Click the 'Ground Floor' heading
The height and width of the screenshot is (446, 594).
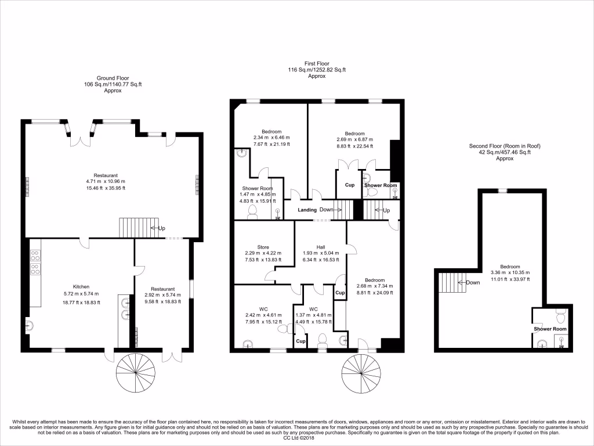(113, 78)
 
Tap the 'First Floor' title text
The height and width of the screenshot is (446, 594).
(316, 63)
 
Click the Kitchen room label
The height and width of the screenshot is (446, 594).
(81, 287)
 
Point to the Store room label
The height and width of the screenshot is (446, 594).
(263, 247)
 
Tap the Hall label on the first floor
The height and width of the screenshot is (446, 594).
(320, 247)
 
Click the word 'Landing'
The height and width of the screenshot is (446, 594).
(307, 210)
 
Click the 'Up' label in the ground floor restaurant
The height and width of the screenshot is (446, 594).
(162, 228)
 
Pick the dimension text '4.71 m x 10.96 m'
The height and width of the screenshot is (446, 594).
(106, 182)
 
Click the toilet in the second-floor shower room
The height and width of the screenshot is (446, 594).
(560, 318)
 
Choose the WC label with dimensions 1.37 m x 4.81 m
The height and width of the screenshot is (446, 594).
(313, 309)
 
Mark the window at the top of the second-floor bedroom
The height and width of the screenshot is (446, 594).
(503, 190)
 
